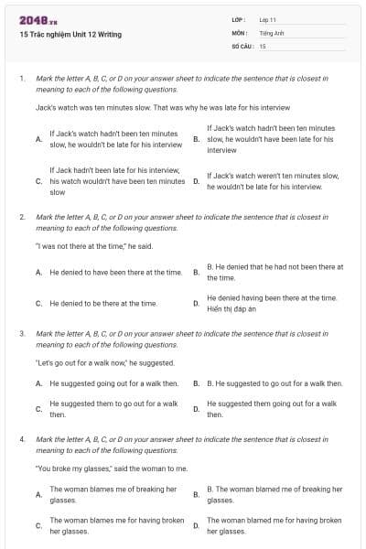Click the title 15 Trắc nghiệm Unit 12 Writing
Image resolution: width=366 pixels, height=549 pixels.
(x=70, y=35)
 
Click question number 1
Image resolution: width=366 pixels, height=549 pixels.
(x=22, y=79)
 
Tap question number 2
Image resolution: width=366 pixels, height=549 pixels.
(x=22, y=217)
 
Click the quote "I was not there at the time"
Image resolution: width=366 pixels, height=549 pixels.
(x=87, y=245)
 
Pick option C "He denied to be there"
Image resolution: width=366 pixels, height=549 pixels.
(x=103, y=303)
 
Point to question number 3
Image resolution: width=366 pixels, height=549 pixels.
(x=22, y=334)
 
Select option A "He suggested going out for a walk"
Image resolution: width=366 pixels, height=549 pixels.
(x=113, y=384)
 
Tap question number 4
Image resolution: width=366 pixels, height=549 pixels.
(x=22, y=439)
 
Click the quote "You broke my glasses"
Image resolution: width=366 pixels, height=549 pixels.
(x=112, y=468)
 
